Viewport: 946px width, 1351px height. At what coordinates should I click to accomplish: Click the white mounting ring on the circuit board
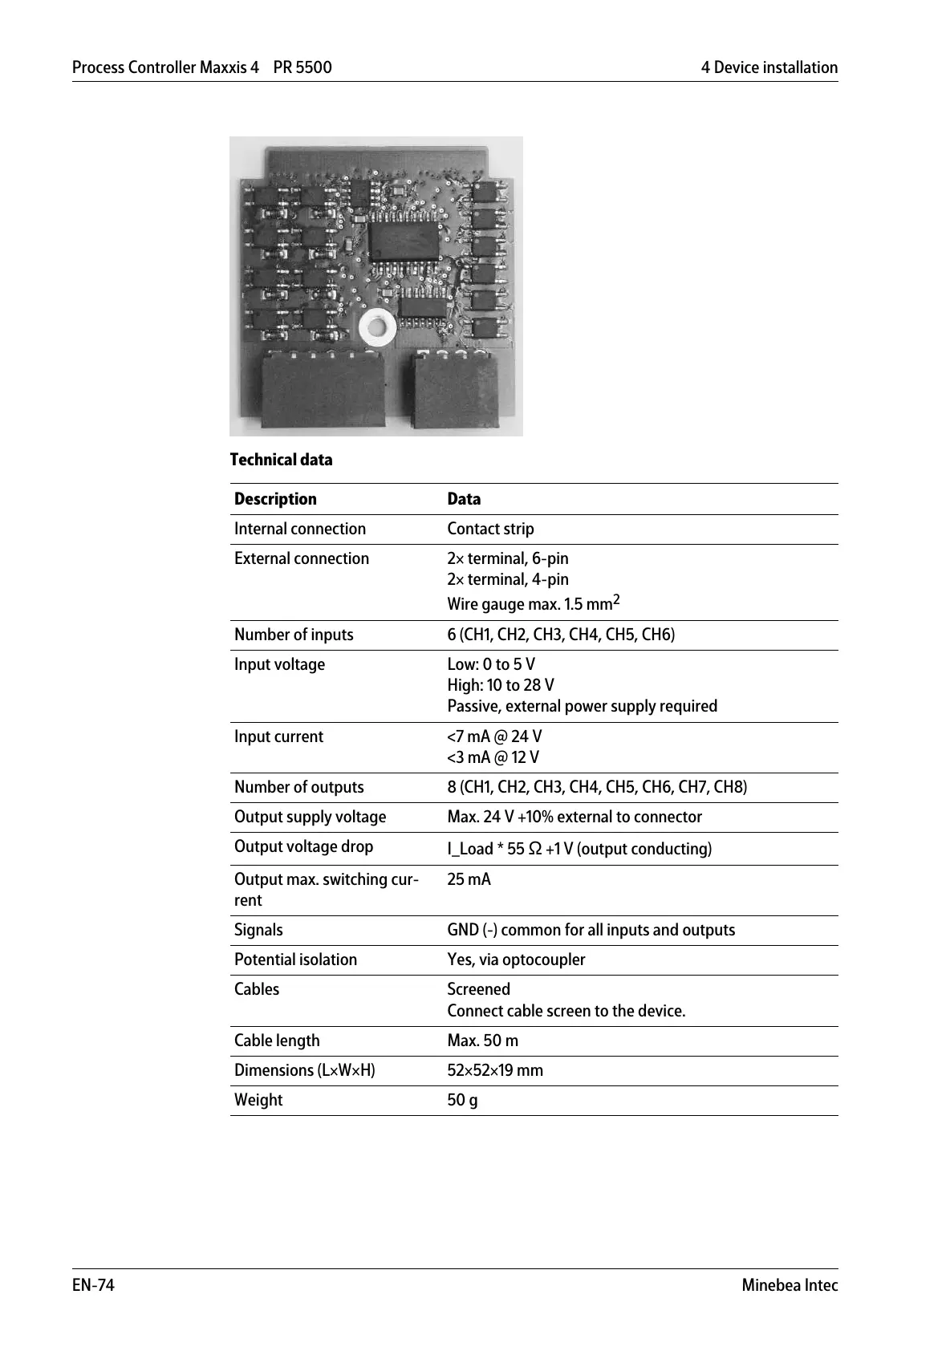376,326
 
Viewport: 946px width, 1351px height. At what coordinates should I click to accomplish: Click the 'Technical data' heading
281,460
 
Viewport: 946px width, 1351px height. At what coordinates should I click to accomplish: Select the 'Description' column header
275,499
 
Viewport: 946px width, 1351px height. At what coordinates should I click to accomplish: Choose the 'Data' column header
464,499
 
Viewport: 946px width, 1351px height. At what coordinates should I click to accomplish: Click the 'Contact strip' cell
490,529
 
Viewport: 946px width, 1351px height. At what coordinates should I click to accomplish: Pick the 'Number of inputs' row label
294,635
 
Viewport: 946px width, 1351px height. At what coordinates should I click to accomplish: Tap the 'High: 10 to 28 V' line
501,685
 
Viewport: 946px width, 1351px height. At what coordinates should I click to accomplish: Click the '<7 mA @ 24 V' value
494,736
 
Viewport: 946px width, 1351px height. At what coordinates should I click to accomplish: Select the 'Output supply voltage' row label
310,817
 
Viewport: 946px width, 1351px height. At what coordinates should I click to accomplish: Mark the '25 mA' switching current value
469,879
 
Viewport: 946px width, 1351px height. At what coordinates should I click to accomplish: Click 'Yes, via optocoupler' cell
516,959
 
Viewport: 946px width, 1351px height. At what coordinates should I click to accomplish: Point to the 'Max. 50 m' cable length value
482,1041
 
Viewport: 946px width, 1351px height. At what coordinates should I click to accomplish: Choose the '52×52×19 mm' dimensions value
495,1070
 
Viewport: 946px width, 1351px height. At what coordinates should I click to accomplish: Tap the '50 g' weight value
462,1100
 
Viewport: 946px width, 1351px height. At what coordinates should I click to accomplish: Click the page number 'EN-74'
93,1285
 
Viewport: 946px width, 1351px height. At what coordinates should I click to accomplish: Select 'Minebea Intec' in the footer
790,1285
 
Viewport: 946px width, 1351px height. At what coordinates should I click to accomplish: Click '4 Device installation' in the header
769,67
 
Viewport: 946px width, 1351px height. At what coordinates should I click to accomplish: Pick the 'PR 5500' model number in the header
302,67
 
